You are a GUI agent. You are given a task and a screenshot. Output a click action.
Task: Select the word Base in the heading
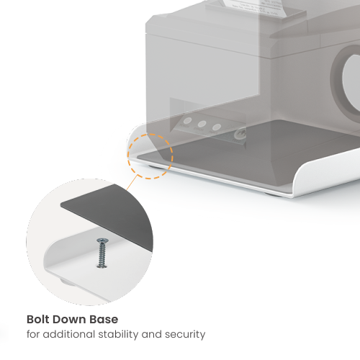[104, 320]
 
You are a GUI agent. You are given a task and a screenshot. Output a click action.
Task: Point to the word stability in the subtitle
[118, 334]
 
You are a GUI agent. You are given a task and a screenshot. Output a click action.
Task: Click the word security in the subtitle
[185, 334]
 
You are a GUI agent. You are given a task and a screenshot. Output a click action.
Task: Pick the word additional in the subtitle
[69, 334]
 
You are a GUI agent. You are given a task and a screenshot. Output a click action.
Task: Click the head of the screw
[102, 240]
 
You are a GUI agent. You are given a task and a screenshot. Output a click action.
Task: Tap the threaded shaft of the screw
[102, 254]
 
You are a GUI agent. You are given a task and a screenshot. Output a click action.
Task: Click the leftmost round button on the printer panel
[187, 121]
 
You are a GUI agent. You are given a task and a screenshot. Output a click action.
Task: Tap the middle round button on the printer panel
[202, 124]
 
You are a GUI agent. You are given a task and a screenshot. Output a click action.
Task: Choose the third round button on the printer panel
[216, 127]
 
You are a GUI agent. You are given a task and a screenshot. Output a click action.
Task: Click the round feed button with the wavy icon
[240, 134]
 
